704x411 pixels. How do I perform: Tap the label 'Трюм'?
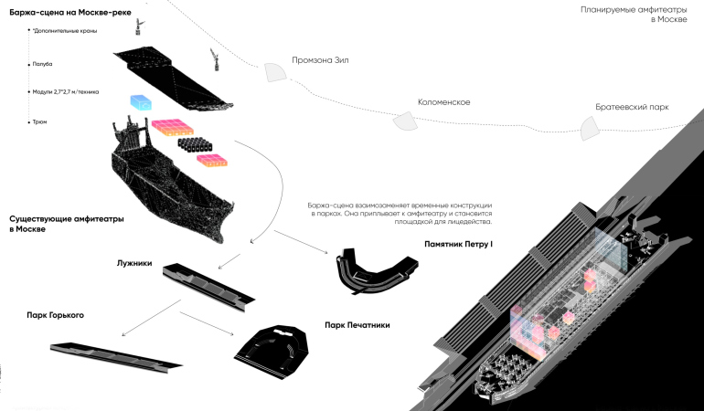(40, 121)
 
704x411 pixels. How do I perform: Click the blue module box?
(144, 102)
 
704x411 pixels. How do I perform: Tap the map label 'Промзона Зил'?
(320, 61)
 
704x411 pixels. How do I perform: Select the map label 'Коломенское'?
(443, 102)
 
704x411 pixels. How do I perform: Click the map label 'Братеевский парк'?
(633, 107)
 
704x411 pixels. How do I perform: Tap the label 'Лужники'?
(134, 262)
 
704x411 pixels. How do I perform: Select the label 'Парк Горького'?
(56, 315)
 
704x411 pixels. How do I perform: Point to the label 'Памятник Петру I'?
(458, 244)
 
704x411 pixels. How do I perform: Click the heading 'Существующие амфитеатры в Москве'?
(67, 224)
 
